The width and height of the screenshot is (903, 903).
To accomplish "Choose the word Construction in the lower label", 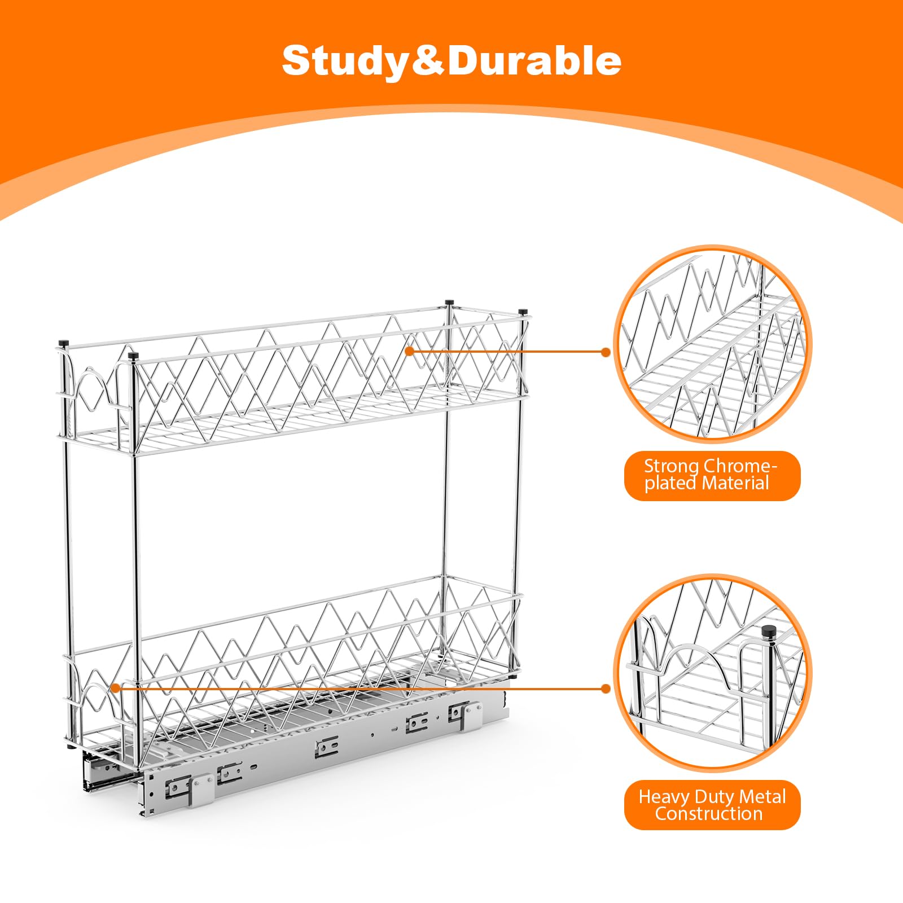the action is [x=709, y=814].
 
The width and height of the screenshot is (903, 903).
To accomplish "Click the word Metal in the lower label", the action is [x=762, y=797].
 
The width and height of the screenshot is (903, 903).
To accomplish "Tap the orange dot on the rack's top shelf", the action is [x=410, y=351].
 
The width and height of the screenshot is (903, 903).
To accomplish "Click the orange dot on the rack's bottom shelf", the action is [x=115, y=688].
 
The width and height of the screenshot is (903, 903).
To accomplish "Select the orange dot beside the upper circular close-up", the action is [x=606, y=352].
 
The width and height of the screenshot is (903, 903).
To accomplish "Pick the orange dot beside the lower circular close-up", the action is [x=606, y=689].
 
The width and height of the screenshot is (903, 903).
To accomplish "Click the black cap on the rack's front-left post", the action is [x=134, y=356].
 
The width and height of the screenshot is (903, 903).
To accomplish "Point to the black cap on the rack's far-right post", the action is [x=523, y=312].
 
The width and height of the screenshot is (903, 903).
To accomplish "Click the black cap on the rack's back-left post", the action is [x=63, y=342].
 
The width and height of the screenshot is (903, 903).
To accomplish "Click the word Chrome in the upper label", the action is [x=738, y=466].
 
